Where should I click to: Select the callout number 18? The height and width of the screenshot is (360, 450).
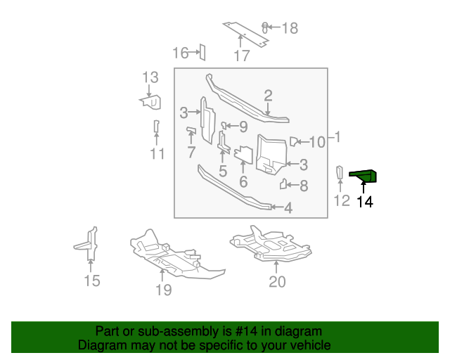pos(289,28)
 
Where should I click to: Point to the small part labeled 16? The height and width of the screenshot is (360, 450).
pos(201,51)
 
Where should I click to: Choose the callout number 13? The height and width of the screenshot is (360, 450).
pos(150,77)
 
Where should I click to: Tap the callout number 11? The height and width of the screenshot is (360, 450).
pos(157,154)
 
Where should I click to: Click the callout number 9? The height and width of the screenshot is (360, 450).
pos(243,127)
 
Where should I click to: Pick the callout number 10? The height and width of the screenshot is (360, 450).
pos(317,142)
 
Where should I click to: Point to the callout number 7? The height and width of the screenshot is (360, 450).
pos(191,152)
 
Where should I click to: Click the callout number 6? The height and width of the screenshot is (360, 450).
pos(243,181)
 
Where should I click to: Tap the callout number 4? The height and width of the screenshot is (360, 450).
pos(288,207)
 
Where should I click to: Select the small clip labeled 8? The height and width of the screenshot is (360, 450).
pos(285,185)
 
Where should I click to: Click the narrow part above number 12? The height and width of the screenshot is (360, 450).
pos(339,172)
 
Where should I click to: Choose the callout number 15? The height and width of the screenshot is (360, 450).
pos(92,281)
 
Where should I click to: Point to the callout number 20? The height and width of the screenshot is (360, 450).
pos(278,282)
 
